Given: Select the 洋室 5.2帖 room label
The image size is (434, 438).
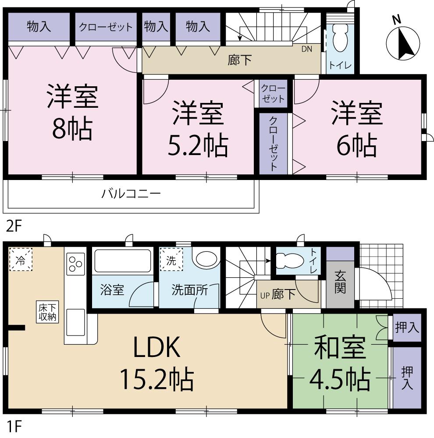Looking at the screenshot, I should pos(198,129).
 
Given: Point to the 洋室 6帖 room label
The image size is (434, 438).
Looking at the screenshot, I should pos(357,129).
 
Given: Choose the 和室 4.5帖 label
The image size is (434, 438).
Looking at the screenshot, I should pos(340,364).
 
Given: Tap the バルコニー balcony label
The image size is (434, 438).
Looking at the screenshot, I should pos(131,193).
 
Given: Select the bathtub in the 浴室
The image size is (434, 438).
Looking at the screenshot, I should pos(123,261).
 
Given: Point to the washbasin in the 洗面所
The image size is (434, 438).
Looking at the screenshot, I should pos(206,258).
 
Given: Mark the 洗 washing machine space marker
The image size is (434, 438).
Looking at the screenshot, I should pos(171,259).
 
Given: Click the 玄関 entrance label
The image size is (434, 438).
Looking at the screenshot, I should pos(340,283).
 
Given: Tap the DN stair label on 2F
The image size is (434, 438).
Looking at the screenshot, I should pos(306,49).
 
